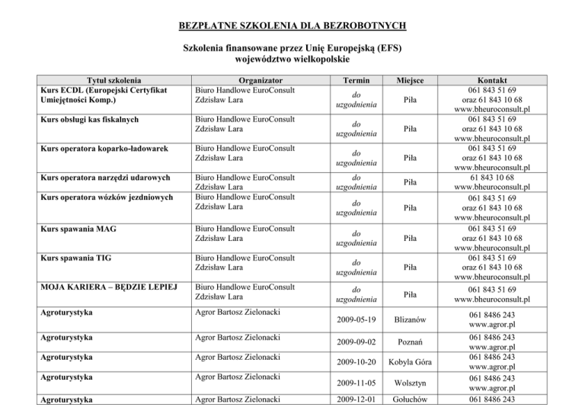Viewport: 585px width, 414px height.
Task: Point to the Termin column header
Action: pyautogui.click(x=357, y=79)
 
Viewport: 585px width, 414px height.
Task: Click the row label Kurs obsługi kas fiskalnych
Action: pyautogui.click(x=94, y=120)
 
